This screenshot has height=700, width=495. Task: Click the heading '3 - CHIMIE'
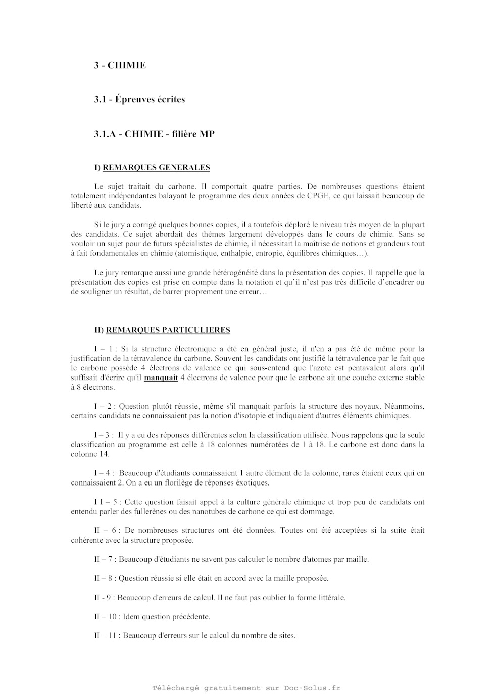pyautogui.click(x=120, y=65)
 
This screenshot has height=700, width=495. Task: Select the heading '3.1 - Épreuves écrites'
pyautogui.click(x=139, y=99)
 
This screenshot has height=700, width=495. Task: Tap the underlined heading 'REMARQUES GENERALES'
pyautogui.click(x=156, y=167)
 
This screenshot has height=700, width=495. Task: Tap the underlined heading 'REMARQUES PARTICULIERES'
pyautogui.click(x=168, y=330)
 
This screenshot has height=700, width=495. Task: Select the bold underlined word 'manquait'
pyautogui.click(x=161, y=378)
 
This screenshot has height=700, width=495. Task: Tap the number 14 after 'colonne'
pyautogui.click(x=104, y=454)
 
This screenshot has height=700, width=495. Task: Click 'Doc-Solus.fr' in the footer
pyautogui.click(x=312, y=688)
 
